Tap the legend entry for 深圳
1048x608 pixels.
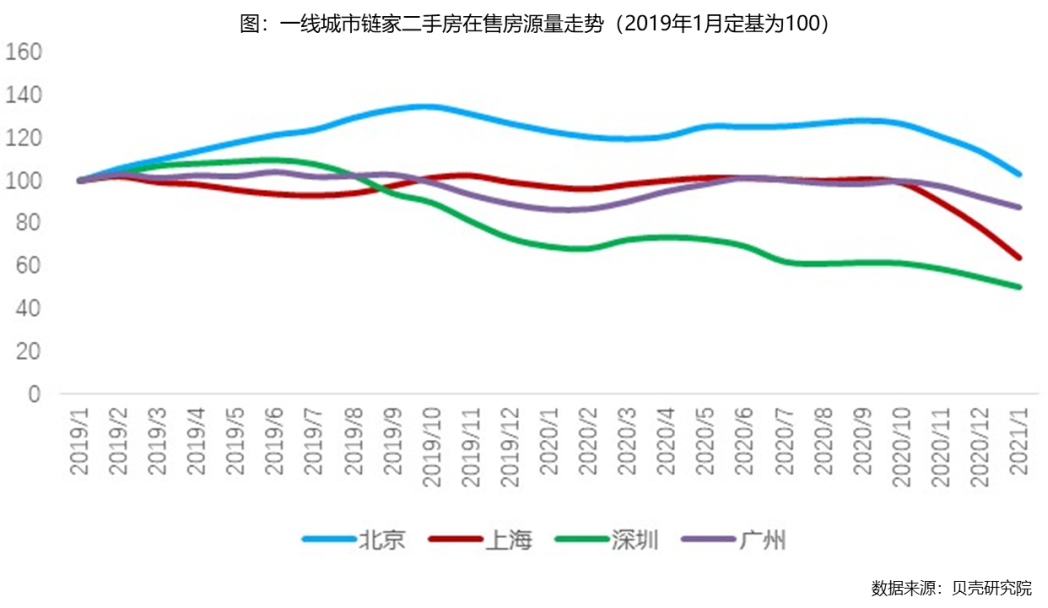(610, 541)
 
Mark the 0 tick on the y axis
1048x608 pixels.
(33, 395)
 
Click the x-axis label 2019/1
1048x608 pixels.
(80, 445)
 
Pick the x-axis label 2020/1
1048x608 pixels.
(549, 445)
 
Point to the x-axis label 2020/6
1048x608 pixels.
(744, 445)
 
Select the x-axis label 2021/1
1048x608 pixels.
(1018, 445)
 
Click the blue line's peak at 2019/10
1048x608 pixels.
(428, 106)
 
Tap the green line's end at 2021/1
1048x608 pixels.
(1018, 287)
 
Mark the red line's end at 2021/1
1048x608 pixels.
(1018, 258)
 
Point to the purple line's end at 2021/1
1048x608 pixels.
(1018, 208)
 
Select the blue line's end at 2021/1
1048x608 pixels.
(1018, 174)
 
